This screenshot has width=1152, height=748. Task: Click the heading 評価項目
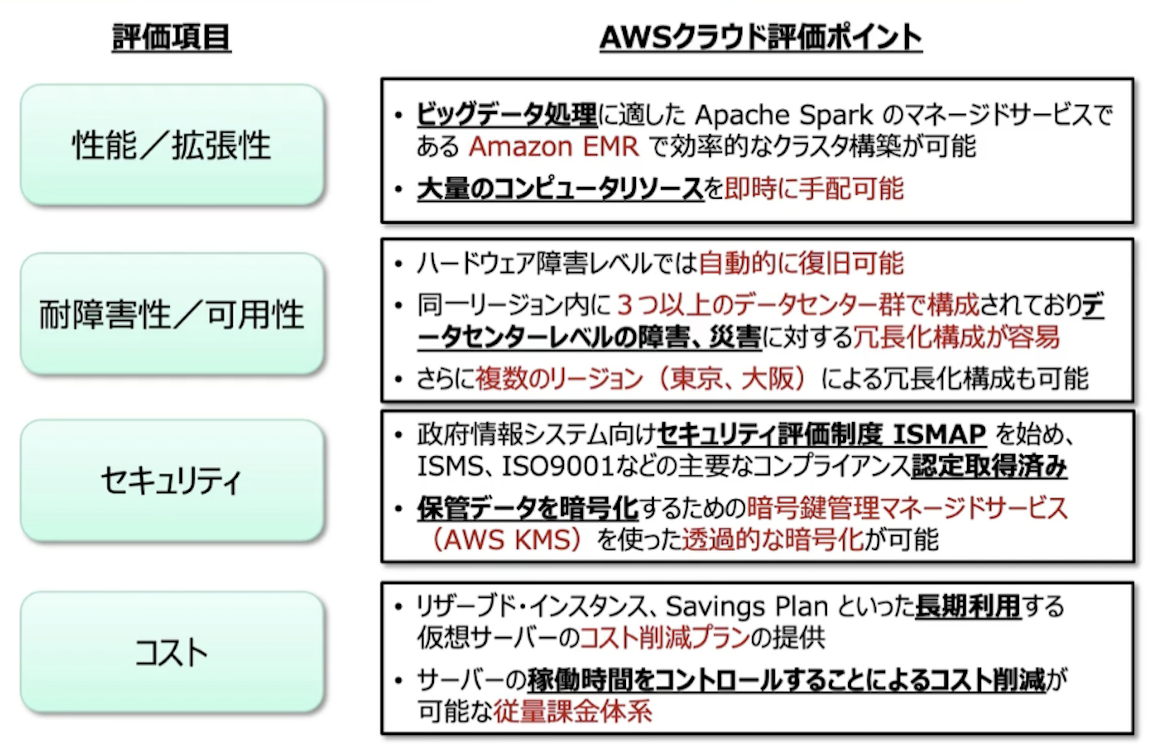171,37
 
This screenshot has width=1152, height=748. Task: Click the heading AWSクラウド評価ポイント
760,37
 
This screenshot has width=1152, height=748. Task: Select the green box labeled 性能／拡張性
172,145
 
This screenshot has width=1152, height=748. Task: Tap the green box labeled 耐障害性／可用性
172,314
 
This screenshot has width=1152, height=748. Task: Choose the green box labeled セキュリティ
172,481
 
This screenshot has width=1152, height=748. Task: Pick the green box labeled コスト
172,652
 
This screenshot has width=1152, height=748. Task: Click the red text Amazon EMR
554,147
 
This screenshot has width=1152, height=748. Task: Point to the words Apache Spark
783,115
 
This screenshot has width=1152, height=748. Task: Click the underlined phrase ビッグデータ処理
506,115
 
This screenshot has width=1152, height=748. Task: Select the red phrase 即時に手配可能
814,189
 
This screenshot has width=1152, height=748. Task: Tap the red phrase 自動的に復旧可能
801,263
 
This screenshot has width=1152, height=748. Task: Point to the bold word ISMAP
939,434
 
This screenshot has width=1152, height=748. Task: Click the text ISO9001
558,466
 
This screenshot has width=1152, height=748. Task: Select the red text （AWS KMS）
506,540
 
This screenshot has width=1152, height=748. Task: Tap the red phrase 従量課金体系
572,711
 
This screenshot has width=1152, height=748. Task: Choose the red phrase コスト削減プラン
664,638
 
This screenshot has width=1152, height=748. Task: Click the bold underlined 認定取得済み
989,466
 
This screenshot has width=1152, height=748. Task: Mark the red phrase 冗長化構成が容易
956,337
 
